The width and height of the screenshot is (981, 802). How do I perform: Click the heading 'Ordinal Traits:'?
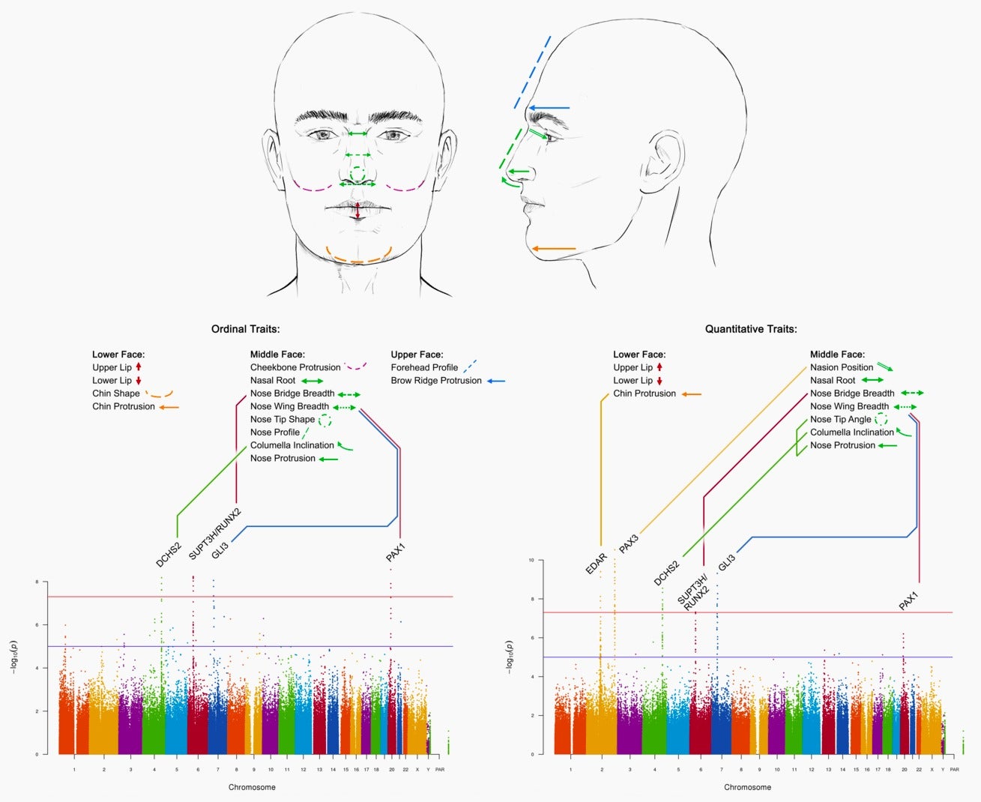[x=245, y=329]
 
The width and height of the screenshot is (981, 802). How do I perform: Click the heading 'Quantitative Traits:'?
[x=751, y=329]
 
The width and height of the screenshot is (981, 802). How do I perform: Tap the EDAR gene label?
[x=597, y=564]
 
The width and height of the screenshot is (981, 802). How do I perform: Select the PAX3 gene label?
[x=629, y=544]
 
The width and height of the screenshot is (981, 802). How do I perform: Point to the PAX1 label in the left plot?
[x=396, y=553]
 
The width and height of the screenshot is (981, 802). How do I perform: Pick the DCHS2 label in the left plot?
[x=169, y=554]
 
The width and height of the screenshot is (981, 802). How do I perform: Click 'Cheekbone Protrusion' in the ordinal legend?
[x=295, y=367]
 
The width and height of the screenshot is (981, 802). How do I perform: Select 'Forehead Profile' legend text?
[x=424, y=367]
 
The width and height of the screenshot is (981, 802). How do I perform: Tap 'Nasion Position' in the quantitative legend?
[x=842, y=367]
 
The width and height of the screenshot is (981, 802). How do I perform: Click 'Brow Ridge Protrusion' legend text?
[x=436, y=381]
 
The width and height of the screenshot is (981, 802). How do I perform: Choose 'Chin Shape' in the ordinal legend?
[x=116, y=394]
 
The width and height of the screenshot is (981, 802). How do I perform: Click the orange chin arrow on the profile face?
[x=553, y=248]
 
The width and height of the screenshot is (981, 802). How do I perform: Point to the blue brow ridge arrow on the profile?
[x=549, y=108]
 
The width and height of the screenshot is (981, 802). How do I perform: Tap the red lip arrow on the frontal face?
[x=357, y=211]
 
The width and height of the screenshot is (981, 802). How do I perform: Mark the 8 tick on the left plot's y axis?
[x=37, y=582]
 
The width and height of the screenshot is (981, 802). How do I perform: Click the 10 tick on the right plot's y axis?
[x=531, y=560]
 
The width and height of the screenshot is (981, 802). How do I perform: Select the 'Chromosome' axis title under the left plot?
[x=252, y=787]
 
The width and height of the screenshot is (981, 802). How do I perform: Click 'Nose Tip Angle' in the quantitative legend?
[x=840, y=420]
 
